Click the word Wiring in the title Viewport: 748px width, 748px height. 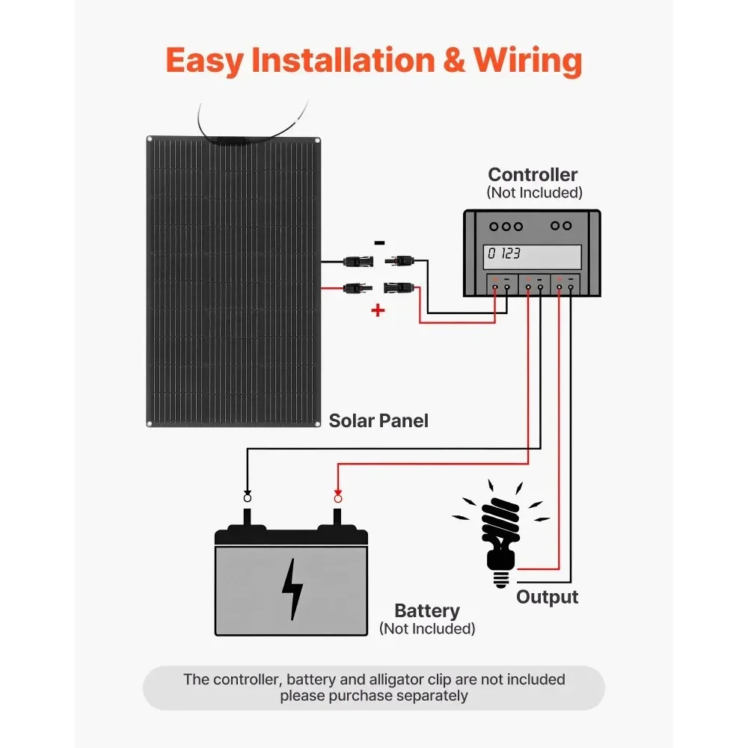[x=528, y=60]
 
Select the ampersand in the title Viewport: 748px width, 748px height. [x=453, y=60]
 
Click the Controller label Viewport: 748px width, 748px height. [x=533, y=175]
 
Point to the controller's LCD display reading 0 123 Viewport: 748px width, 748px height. [x=533, y=255]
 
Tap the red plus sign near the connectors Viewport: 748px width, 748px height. [x=378, y=310]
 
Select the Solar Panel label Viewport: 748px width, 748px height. [x=378, y=421]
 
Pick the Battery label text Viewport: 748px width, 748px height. [x=427, y=611]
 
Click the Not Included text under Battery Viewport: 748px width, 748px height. [x=427, y=629]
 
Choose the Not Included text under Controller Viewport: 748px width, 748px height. [x=534, y=192]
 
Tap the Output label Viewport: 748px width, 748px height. [x=547, y=597]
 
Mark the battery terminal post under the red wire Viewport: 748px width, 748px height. [x=337, y=517]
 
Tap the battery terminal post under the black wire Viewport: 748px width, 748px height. [x=248, y=517]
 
